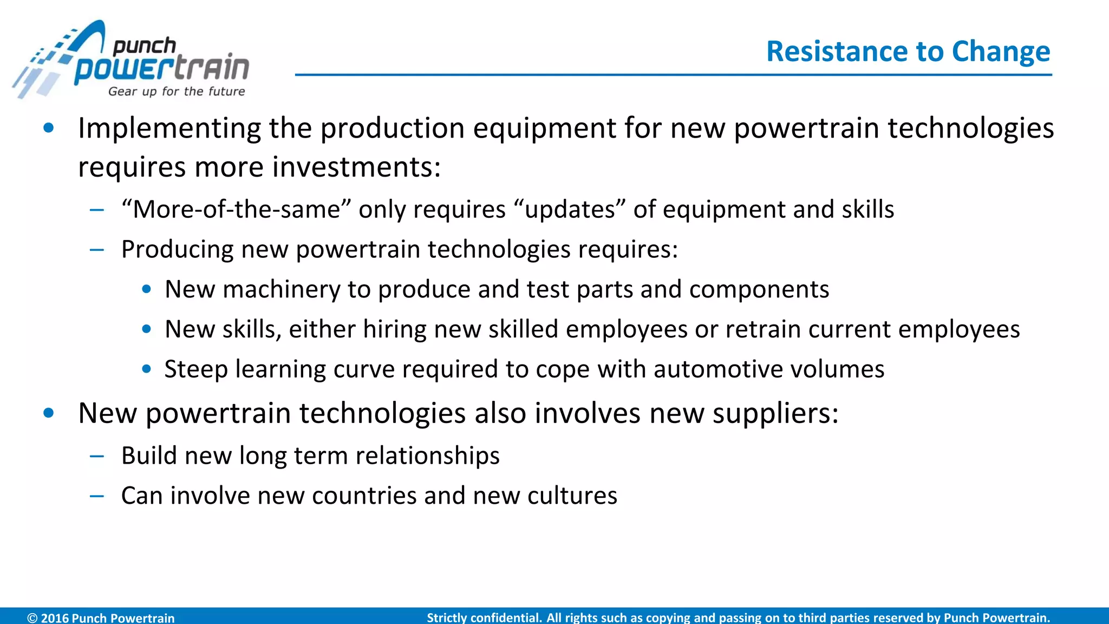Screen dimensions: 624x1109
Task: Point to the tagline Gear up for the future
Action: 177,92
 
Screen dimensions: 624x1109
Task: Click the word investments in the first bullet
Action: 356,167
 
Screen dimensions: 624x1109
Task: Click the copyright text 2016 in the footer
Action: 55,617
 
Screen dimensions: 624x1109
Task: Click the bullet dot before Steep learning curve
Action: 146,369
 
